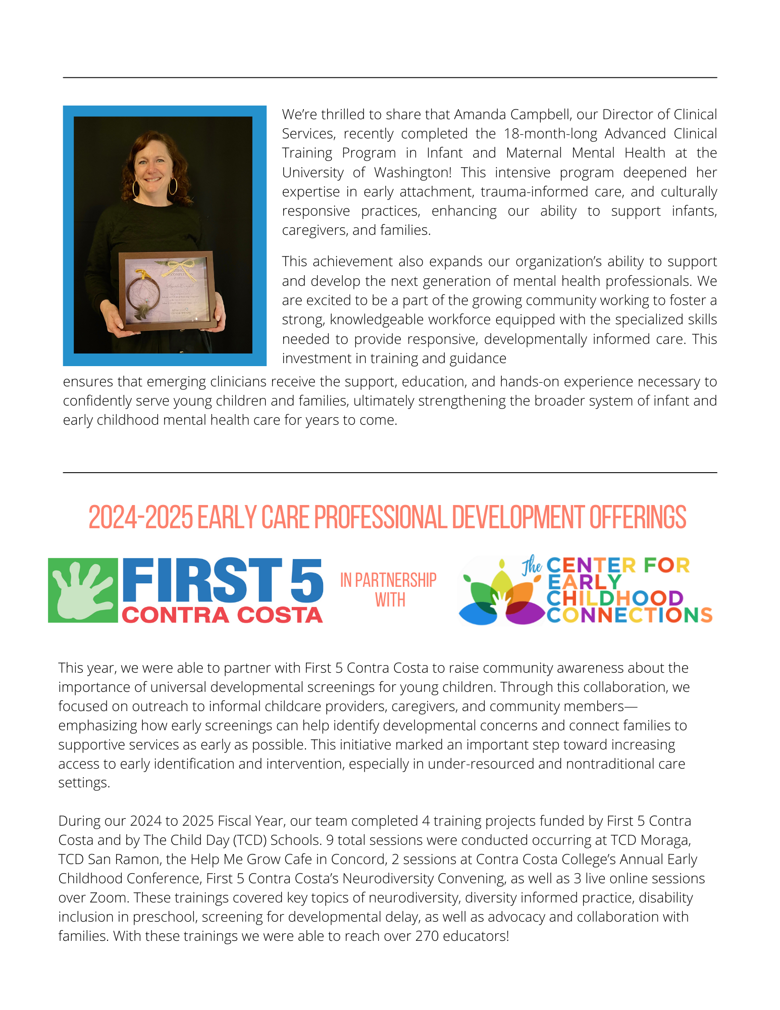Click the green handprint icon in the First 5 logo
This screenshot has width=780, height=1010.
tap(83, 590)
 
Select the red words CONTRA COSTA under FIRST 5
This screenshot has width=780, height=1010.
tap(222, 615)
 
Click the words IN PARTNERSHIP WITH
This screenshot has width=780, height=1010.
tap(388, 590)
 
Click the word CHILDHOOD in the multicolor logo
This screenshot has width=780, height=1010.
tap(614, 598)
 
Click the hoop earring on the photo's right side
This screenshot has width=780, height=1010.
tap(173, 186)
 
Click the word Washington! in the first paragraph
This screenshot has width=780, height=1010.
tap(412, 173)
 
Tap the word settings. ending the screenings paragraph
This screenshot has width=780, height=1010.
tap(84, 782)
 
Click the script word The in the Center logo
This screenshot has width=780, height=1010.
tap(532, 566)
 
